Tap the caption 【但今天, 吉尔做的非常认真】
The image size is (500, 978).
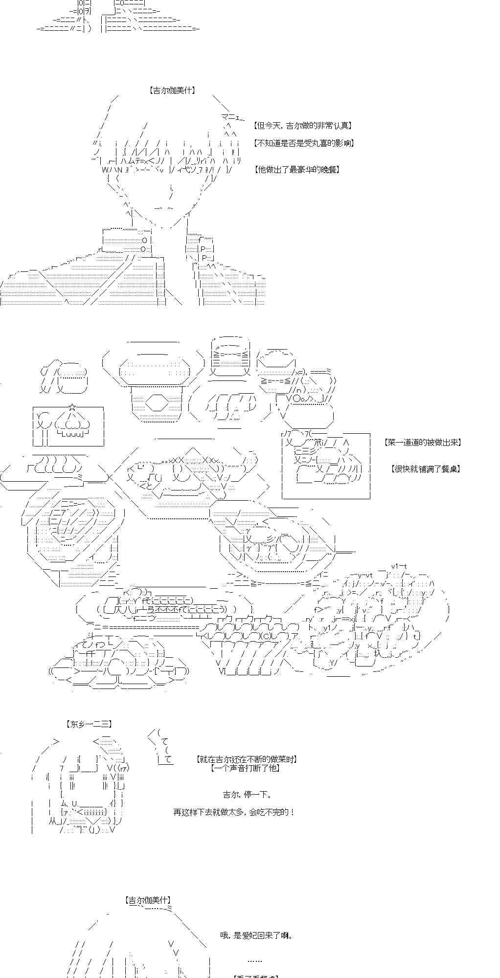(303, 126)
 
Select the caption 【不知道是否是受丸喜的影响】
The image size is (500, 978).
(304, 143)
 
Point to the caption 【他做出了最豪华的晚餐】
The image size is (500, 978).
(297, 170)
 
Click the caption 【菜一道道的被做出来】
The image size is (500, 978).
(423, 443)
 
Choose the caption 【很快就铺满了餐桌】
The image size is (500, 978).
(426, 468)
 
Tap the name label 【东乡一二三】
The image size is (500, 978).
(89, 724)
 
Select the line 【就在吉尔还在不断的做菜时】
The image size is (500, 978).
(247, 759)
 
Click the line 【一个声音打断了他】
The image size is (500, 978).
(246, 768)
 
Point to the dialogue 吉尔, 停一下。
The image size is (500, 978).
(247, 795)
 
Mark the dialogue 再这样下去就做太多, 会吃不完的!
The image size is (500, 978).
(234, 812)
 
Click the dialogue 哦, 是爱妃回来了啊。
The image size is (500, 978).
(257, 935)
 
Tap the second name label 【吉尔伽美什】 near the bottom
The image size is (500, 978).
(148, 900)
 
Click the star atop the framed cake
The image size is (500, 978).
(72, 407)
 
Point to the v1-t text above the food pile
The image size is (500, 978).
(399, 566)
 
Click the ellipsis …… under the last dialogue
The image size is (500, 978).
(255, 960)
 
